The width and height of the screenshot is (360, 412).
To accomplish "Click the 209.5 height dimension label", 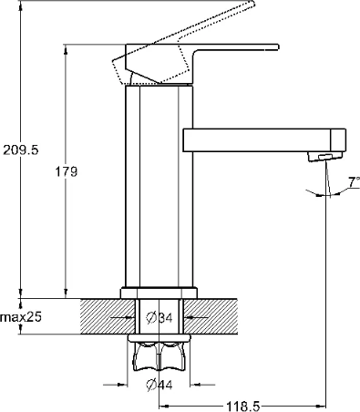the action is coord(21,150).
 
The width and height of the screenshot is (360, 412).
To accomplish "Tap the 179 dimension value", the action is coord(66,172).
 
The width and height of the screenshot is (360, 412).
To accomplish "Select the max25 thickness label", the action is coord(20,317).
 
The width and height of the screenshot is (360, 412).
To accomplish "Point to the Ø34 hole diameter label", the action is coord(159,318).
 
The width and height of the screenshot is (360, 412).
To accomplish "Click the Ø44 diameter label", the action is coord(159,385).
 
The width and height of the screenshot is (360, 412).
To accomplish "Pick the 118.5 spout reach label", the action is coord(242,406).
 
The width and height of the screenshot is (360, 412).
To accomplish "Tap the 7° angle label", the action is coord(354,182).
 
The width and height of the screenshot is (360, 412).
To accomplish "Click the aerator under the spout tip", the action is coord(325,156).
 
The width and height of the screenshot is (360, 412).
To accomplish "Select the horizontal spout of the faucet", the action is coord(264,140).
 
